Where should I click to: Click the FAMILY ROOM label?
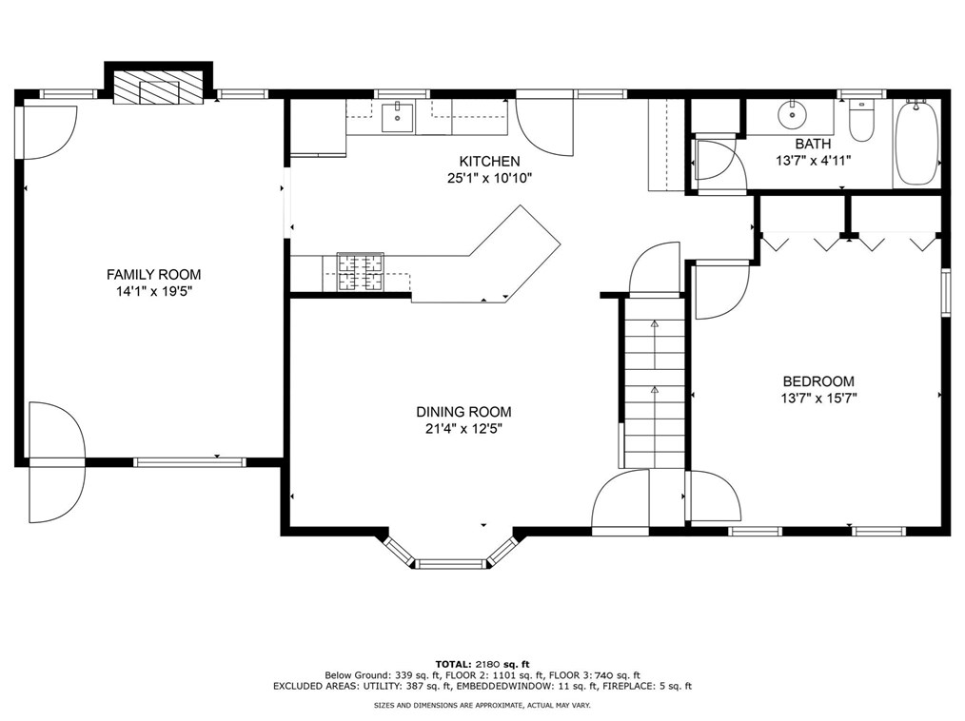pos(154,274)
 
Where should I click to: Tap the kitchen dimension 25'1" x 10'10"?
pos(489,179)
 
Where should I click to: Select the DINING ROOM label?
pos(464,412)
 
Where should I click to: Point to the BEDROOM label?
pos(818,380)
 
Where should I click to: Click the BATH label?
pos(813,144)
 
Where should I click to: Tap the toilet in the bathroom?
pos(861,120)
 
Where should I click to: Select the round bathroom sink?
pos(791,114)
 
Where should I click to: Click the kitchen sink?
pos(397,117)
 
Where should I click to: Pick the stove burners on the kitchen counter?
pos(360,271)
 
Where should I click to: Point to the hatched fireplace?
pos(158,88)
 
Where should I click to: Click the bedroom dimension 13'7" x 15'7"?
pos(818,398)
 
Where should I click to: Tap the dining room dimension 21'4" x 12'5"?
pos(464,429)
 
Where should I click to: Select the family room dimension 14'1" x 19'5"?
pos(154,292)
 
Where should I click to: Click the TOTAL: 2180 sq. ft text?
pos(482,664)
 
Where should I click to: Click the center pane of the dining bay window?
pos(451,563)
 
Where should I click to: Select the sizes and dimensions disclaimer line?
pos(482,706)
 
